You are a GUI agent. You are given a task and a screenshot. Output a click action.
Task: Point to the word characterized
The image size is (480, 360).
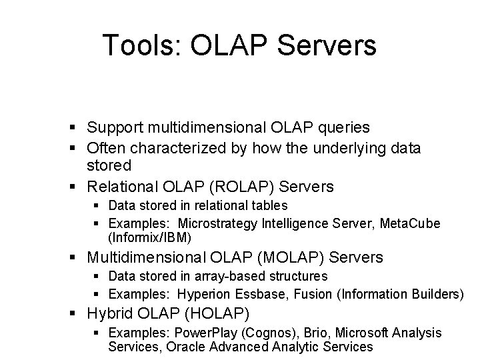point(168,148)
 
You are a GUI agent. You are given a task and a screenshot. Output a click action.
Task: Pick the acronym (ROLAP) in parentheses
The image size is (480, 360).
point(217,186)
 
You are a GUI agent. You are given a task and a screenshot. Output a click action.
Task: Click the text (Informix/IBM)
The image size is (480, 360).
point(149,237)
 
